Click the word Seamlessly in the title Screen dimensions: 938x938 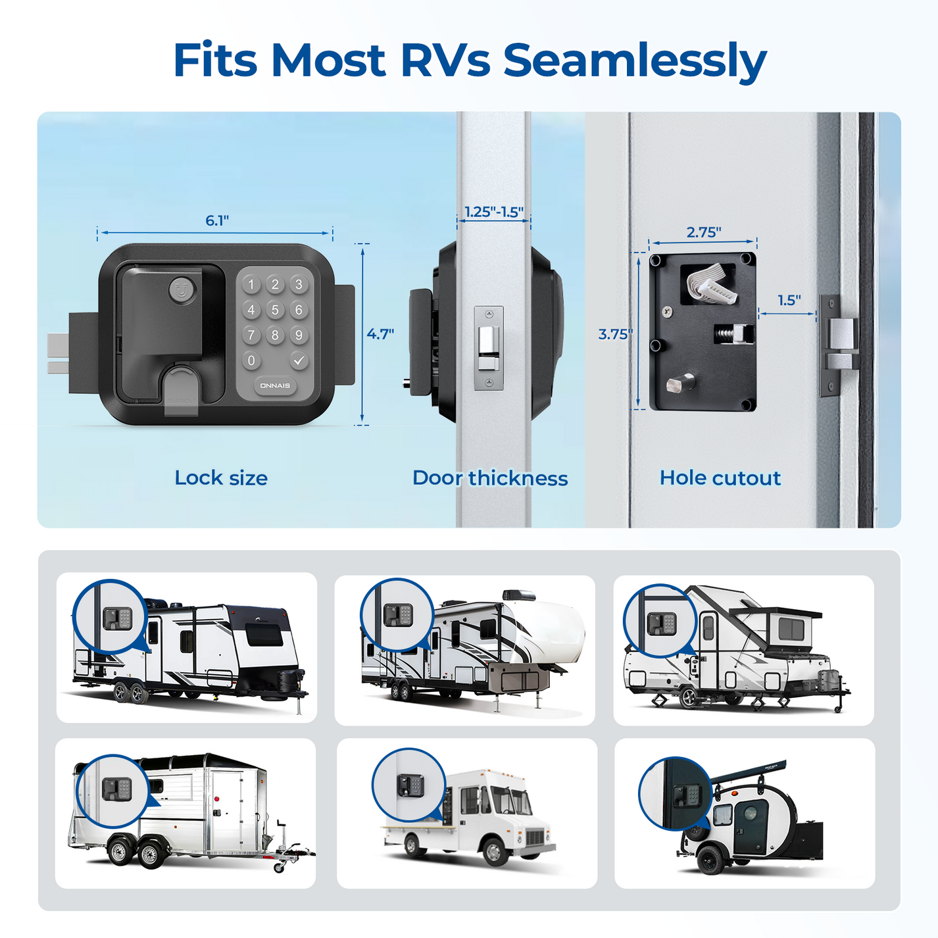(x=634, y=61)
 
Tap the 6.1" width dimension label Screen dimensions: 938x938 (x=217, y=221)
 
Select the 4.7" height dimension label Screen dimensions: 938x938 (x=380, y=334)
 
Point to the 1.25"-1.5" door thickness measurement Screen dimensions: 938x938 (x=493, y=212)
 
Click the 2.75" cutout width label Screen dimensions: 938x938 (x=703, y=232)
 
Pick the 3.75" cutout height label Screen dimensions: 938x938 (x=614, y=334)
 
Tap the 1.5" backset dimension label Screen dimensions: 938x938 (x=789, y=301)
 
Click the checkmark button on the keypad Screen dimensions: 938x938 (x=299, y=360)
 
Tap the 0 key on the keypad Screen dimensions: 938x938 (x=251, y=360)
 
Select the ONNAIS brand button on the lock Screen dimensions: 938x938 (x=275, y=386)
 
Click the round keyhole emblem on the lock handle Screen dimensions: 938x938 (x=182, y=289)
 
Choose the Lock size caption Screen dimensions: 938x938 (x=221, y=478)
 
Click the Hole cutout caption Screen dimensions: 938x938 (x=720, y=478)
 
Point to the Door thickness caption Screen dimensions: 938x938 (x=490, y=478)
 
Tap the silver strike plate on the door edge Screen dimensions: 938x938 (x=489, y=348)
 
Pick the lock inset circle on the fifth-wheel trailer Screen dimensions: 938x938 (x=397, y=615)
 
